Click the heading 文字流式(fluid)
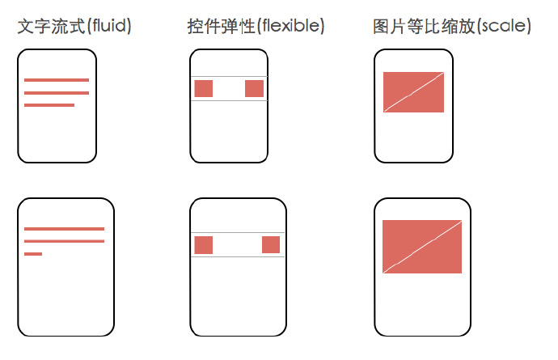pyautogui.click(x=74, y=27)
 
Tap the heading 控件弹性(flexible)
pyautogui.click(x=256, y=27)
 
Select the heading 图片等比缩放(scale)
pyautogui.click(x=452, y=27)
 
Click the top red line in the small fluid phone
pyautogui.click(x=57, y=80)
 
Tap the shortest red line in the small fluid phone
pyautogui.click(x=49, y=105)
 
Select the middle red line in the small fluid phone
pyautogui.click(x=57, y=93)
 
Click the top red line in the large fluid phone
pyautogui.click(x=64, y=229)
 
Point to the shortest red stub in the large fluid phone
pyautogui.click(x=33, y=254)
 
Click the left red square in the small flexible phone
pyautogui.click(x=203, y=89)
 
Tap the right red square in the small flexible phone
pyautogui.click(x=254, y=89)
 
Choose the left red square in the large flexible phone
pyautogui.click(x=203, y=245)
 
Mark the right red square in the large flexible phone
pyautogui.click(x=271, y=245)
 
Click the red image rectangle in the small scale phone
pyautogui.click(x=413, y=92)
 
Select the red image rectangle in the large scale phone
pyautogui.click(x=422, y=246)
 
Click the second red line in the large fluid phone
pyautogui.click(x=64, y=241)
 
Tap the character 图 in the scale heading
pyautogui.click(x=382, y=27)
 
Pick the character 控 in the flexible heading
pyautogui.click(x=195, y=27)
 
